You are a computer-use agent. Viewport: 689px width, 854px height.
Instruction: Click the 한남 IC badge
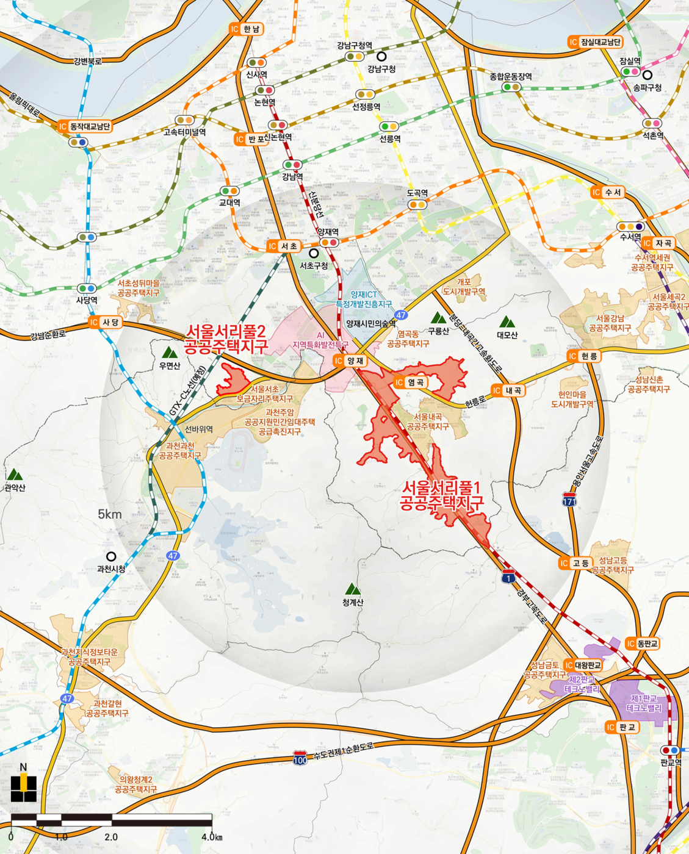pos(246,29)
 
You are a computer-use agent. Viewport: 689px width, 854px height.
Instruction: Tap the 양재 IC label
pos(350,361)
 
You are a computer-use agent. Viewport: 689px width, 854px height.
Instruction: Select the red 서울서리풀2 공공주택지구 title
pos(226,340)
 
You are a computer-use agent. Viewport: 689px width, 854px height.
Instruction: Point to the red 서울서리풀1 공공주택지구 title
pos(442,495)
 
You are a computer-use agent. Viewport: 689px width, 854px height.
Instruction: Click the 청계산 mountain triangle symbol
pos(352,589)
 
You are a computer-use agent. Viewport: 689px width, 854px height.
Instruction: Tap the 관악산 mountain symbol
pos(14,475)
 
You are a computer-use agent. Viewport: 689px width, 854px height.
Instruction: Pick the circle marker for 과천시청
pos(111,556)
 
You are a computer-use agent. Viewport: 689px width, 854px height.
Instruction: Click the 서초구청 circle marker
pos(314,253)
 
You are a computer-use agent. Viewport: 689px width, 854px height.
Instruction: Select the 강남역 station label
pos(292,177)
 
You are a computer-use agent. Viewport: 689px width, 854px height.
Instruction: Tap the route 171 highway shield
pos(569,500)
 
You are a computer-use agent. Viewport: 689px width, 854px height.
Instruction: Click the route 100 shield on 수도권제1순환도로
pos(300,758)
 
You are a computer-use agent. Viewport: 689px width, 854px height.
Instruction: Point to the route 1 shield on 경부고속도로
pos(508,576)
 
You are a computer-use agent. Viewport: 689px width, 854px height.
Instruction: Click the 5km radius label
pos(110,514)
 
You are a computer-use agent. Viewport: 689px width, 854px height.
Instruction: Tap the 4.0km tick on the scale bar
pos(211,837)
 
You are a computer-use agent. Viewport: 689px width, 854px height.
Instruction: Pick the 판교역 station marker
pos(670,750)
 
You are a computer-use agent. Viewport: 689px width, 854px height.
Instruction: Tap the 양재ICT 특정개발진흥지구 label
pos(364,299)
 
